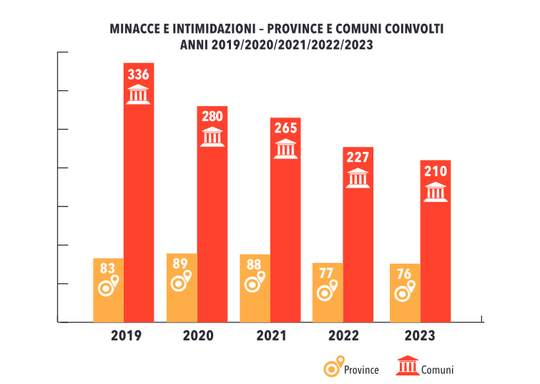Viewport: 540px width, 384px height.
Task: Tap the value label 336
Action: pyautogui.click(x=139, y=74)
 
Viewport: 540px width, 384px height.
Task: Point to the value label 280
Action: pyautogui.click(x=212, y=117)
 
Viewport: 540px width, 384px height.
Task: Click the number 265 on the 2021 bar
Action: pyautogui.click(x=285, y=128)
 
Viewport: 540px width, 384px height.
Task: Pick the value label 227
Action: pyautogui.click(x=358, y=158)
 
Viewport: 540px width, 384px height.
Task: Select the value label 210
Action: pyautogui.click(x=435, y=171)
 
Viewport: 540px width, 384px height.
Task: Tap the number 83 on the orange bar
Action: pyautogui.click(x=107, y=269)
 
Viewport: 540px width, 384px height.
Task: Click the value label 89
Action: pyautogui.click(x=180, y=264)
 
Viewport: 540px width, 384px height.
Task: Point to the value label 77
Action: pyautogui.click(x=326, y=273)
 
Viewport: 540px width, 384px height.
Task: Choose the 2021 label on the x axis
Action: pyautogui.click(x=270, y=335)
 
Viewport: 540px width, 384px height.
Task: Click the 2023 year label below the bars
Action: pyautogui.click(x=419, y=335)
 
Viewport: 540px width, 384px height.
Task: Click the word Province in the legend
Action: pyautogui.click(x=361, y=370)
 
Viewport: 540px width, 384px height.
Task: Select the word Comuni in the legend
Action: pyautogui.click(x=437, y=370)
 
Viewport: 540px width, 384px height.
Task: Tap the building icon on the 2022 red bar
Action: pyautogui.click(x=358, y=179)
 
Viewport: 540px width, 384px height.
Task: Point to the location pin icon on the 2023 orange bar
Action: pyautogui.click(x=406, y=291)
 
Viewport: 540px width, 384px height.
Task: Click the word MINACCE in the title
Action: pyautogui.click(x=134, y=29)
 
